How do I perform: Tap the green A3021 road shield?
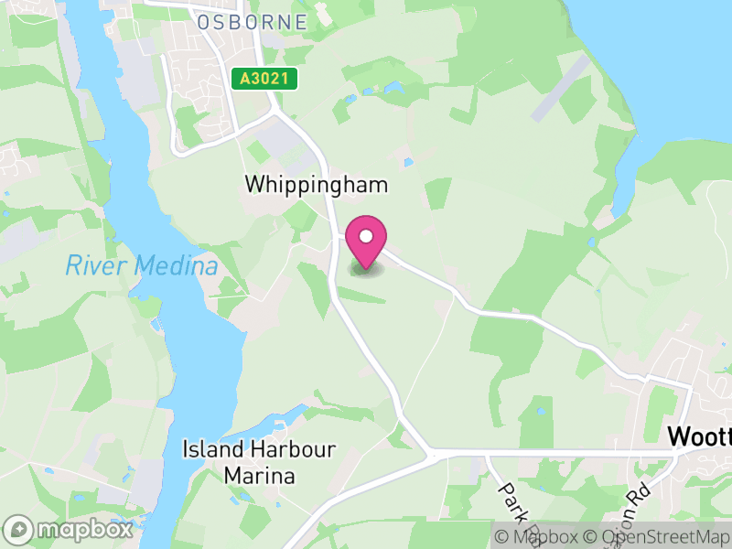[x=265, y=80]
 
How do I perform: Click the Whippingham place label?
[x=317, y=184]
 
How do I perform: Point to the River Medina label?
[x=142, y=266]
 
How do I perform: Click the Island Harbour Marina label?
[x=260, y=463]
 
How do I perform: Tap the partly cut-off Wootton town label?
[x=700, y=436]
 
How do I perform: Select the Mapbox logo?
[x=69, y=529]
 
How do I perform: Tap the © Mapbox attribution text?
[x=537, y=536]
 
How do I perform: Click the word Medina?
[x=176, y=266]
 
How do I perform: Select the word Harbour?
[x=281, y=450]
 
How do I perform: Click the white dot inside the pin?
[x=366, y=236]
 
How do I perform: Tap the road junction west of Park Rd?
[x=433, y=453]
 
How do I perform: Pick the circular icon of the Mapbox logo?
[x=18, y=529]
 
